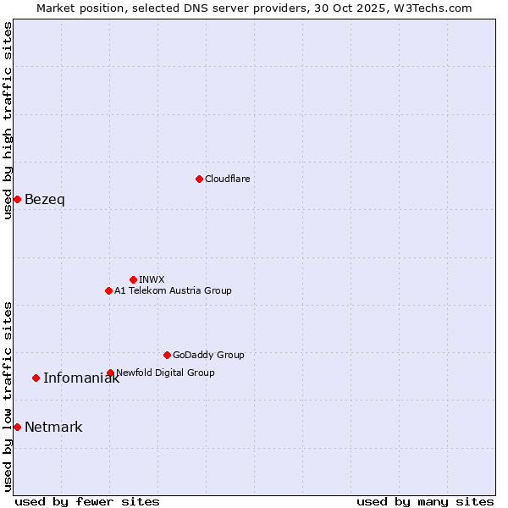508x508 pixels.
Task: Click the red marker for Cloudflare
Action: coord(199,179)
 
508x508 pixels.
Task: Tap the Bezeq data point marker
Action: coord(17,199)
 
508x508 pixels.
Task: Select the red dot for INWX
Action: coord(133,279)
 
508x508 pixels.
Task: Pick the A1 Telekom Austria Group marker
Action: coord(108,290)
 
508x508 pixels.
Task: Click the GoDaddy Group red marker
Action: coord(167,355)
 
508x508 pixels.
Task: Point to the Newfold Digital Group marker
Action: coord(110,373)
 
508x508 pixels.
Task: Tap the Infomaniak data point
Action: coord(36,378)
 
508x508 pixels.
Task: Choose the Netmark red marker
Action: coord(17,427)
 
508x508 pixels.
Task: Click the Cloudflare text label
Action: coord(227,179)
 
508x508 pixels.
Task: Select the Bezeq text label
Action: coord(44,200)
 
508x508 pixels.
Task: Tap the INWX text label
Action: coord(152,279)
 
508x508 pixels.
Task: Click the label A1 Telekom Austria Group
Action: coord(173,290)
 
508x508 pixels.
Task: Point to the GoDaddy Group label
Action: coord(208,355)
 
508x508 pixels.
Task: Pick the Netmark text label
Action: coord(53,428)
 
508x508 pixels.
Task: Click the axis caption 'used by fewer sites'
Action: coord(87,501)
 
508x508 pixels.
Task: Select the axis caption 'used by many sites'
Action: coord(425,501)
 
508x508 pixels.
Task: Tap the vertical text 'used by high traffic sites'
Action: coord(8,120)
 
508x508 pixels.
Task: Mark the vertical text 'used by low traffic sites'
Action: coord(8,395)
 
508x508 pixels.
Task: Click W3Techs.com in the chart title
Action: coord(434,8)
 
